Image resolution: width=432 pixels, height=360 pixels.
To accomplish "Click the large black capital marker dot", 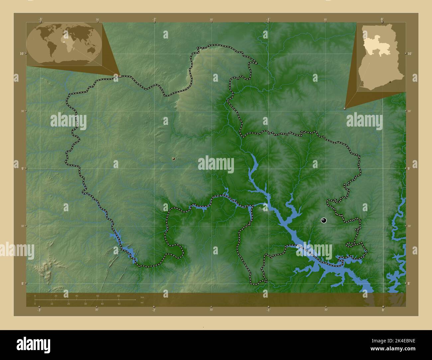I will coord(324,220).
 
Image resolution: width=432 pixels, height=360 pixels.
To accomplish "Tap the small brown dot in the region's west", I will coord(173,159).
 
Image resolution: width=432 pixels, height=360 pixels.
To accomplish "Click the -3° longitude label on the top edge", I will coord(40,20).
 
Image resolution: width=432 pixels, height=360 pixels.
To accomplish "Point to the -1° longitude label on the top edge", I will coord(268,20).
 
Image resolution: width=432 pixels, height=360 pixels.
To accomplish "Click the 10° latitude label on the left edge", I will coord(21,53).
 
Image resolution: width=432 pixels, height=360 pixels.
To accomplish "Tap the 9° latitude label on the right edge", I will coord(409,169).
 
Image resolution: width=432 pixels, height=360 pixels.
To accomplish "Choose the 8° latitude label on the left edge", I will coord(22,283).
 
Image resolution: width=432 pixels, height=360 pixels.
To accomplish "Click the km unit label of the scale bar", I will coord(142,297).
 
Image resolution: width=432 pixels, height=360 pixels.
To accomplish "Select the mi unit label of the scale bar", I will coord(142,303).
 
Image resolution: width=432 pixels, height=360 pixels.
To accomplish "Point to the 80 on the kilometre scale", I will coord(118,296).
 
